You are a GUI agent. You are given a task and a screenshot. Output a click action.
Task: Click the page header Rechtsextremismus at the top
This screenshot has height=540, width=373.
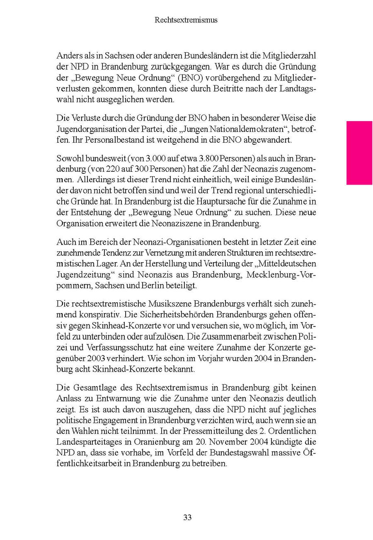(186, 19)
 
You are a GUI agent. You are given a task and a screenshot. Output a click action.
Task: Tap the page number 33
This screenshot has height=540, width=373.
(187, 517)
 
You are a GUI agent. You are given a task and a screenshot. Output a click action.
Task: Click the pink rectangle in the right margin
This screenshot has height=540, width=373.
(359, 153)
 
